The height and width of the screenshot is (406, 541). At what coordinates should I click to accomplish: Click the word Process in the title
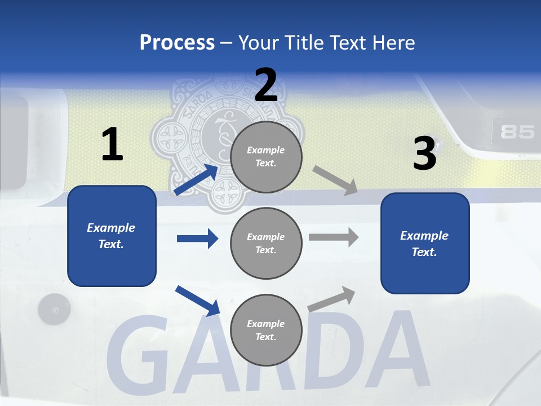point(177,43)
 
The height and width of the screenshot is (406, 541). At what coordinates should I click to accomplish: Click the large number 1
point(112,145)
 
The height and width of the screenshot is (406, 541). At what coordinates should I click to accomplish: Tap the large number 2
point(266,85)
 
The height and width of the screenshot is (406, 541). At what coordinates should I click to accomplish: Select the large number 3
point(424,154)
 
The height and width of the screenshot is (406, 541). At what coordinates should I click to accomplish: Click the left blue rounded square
point(112,236)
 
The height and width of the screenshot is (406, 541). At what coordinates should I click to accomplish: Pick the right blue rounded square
point(425,243)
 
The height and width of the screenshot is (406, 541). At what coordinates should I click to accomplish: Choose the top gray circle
point(266,157)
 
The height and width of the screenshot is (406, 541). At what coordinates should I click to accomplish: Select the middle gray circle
point(266,243)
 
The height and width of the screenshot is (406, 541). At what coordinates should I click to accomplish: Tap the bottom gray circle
point(266,330)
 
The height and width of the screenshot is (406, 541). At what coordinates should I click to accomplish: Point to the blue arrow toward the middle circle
point(197,239)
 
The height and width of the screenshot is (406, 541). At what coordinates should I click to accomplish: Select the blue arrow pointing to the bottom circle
point(197,301)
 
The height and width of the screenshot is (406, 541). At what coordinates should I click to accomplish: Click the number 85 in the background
point(517,132)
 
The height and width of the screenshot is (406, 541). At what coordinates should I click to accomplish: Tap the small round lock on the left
point(54,310)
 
